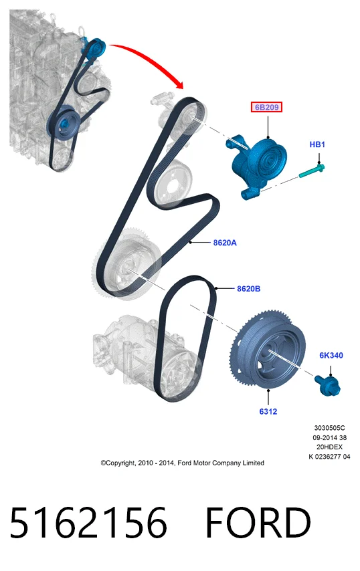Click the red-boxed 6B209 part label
266,107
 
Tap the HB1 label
317,144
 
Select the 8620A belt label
225,243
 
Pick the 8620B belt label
248,289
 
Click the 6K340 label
331,355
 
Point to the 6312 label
268,411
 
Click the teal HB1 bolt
312,171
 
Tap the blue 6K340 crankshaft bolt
328,385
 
